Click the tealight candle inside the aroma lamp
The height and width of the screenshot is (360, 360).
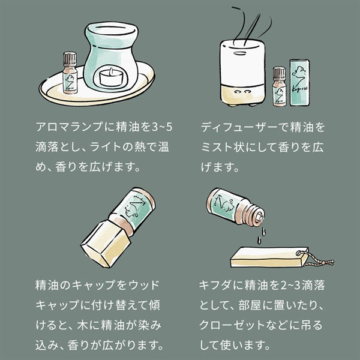[111, 77]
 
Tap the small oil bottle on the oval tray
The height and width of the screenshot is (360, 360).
[70, 73]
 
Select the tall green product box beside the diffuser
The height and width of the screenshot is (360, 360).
[299, 83]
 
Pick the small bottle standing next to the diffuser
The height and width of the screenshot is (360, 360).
[279, 86]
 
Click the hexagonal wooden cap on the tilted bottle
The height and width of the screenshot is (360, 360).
[106, 244]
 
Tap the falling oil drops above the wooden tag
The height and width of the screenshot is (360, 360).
[261, 235]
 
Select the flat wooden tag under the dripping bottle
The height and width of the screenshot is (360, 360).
[269, 257]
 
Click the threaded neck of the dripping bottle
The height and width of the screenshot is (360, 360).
[256, 214]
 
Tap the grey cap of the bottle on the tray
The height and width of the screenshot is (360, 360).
[70, 59]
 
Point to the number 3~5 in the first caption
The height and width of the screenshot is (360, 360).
[163, 127]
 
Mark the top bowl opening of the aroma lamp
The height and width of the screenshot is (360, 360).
[112, 31]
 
